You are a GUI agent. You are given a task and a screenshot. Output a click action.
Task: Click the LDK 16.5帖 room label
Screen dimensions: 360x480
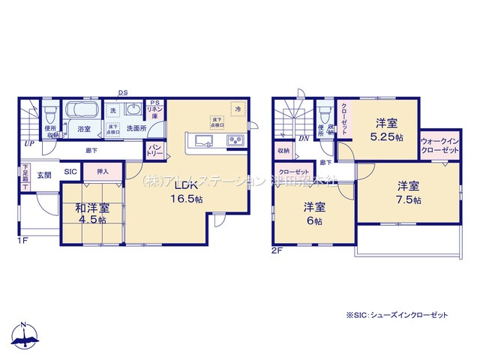[x=188, y=192]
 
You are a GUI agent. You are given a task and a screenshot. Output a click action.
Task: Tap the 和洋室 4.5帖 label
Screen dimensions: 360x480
[x=91, y=213]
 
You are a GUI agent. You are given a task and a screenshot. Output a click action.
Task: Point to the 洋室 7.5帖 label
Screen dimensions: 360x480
[x=409, y=193]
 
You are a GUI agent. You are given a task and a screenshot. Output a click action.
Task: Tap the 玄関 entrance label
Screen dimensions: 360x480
[x=44, y=175]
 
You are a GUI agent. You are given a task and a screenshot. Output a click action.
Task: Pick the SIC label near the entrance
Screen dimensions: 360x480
[x=70, y=172]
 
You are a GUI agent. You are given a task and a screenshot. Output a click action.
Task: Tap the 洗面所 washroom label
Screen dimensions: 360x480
[x=136, y=129]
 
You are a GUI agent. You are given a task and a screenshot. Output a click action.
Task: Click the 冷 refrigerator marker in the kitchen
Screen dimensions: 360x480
[x=236, y=109]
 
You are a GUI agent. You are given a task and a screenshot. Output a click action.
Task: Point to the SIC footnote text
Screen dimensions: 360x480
[x=397, y=316]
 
